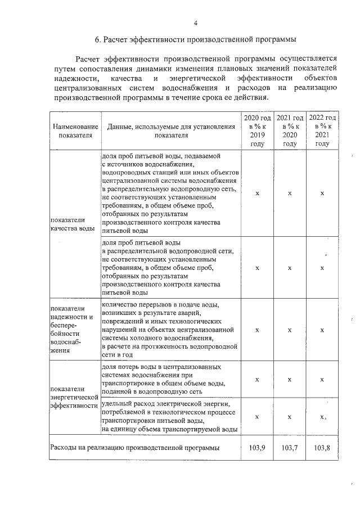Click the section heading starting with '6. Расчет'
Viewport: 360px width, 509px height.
click(x=195, y=40)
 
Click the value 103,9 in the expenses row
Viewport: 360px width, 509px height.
click(x=257, y=448)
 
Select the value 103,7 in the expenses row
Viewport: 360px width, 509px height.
click(x=290, y=448)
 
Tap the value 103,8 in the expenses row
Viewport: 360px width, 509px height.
click(x=322, y=448)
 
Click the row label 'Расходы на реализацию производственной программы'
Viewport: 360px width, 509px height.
click(x=134, y=448)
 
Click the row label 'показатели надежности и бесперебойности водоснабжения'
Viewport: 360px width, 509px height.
click(x=68, y=329)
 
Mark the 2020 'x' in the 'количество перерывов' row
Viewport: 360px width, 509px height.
click(x=257, y=330)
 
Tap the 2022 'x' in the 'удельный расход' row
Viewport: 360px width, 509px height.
click(x=322, y=417)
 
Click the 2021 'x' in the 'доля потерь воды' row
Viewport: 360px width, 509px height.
click(x=290, y=380)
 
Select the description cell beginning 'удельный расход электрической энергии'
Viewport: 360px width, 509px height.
click(x=169, y=417)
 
